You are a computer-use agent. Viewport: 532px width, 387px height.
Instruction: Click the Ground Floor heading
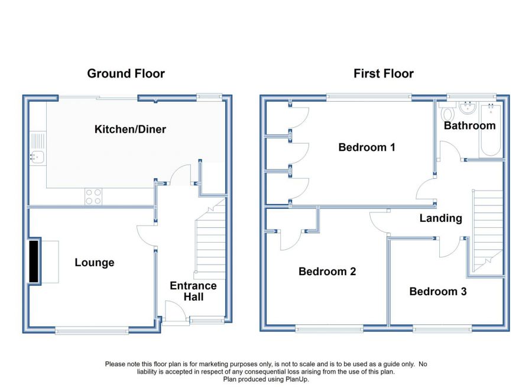click(126, 74)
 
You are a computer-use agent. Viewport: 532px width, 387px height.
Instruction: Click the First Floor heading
click(384, 74)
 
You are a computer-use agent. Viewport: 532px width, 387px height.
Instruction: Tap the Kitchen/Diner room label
click(130, 129)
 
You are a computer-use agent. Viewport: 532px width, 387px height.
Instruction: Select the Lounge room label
click(95, 263)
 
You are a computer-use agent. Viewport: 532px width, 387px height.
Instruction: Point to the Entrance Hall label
click(193, 291)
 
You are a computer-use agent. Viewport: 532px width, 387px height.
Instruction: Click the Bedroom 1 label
click(366, 147)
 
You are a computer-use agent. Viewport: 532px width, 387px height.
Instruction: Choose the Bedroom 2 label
click(327, 272)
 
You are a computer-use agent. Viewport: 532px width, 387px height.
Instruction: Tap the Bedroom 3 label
click(438, 291)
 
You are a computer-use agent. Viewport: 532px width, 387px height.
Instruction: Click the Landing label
click(441, 218)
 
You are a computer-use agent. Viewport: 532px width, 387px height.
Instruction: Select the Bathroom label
click(469, 125)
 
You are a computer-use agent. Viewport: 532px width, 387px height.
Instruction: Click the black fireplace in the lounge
click(34, 262)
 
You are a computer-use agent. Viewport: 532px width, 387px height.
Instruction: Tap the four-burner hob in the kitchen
click(93, 196)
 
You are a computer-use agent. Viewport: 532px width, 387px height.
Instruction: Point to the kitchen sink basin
click(37, 157)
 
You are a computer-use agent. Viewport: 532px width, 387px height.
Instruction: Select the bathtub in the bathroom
click(491, 130)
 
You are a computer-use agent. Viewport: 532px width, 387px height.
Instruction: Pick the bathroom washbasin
click(468, 108)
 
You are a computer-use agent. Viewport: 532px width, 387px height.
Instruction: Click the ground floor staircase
click(210, 240)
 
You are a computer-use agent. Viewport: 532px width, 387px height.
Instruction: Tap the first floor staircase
click(487, 231)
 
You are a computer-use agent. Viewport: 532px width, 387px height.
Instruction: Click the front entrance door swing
click(176, 310)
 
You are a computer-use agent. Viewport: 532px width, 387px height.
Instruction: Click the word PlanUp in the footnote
click(297, 379)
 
